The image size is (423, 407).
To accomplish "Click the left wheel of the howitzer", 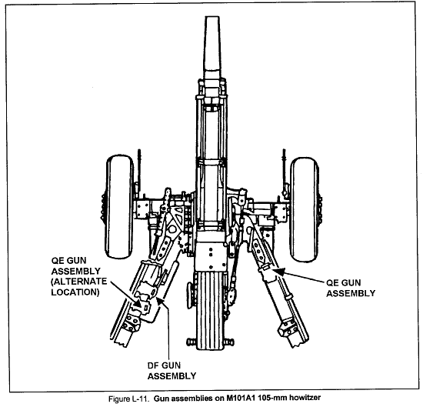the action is [x=119, y=206].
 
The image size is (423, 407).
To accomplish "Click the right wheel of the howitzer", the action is [x=305, y=210].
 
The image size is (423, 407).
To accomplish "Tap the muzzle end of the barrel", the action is [x=212, y=18].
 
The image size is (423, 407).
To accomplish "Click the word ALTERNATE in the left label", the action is [x=79, y=282].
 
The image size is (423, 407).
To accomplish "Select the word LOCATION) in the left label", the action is [x=75, y=292].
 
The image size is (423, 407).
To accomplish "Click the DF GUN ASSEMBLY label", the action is [x=172, y=371].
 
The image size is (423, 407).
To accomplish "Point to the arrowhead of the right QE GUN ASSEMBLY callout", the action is [x=278, y=271].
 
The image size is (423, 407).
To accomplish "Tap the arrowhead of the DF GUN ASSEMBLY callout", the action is [x=160, y=299].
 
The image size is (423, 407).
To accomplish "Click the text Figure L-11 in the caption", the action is [x=128, y=399].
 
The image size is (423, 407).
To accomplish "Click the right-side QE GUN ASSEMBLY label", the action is [x=351, y=288].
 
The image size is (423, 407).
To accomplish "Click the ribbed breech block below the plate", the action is [x=210, y=310].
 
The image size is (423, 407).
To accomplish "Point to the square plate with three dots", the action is [x=211, y=256].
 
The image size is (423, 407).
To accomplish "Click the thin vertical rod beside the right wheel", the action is [x=284, y=170].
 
